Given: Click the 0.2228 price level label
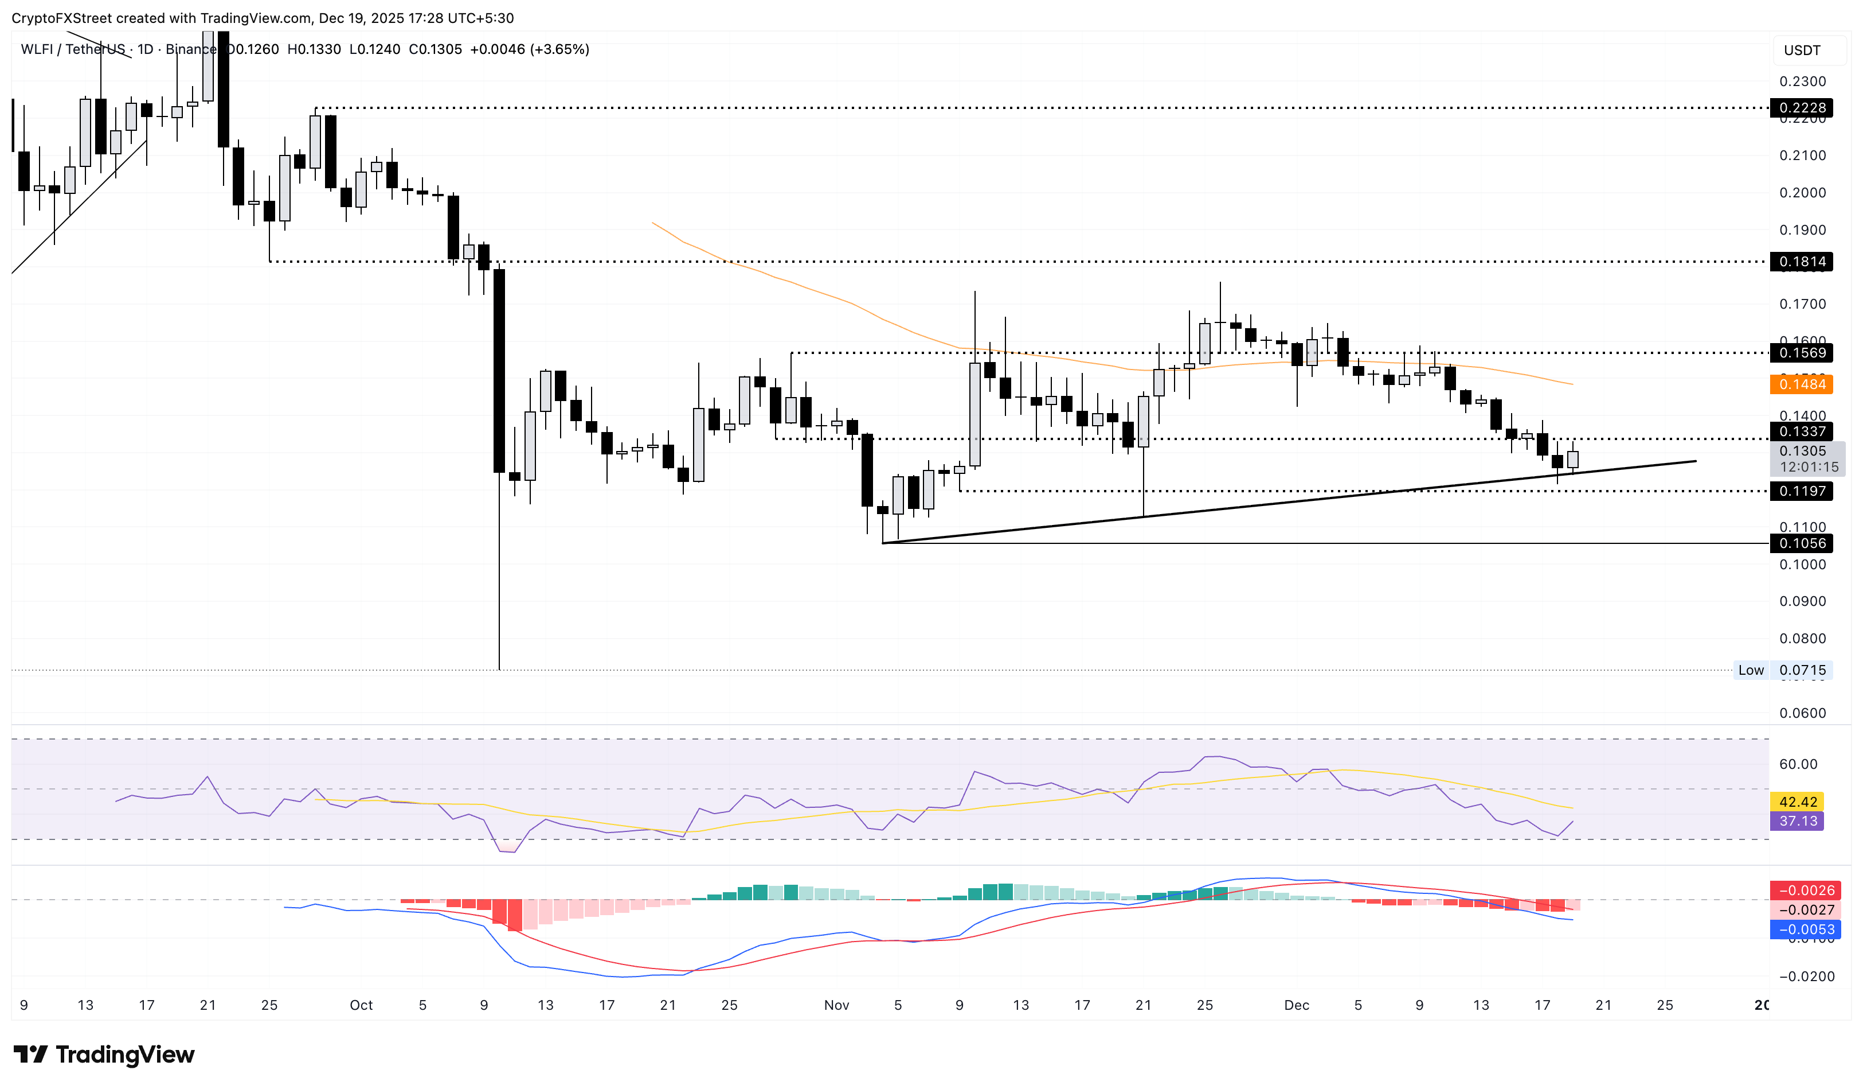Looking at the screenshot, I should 1802,108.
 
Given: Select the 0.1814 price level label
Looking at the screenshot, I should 1802,261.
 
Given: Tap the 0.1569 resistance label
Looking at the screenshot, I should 1802,353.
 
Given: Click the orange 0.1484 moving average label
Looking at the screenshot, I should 1802,384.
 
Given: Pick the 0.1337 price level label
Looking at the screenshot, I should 1802,431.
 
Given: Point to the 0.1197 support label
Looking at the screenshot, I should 1802,491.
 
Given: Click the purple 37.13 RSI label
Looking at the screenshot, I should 1797,820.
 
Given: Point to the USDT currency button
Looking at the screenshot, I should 1802,50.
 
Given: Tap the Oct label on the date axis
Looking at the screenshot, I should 361,1005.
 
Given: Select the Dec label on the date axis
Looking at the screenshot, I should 1296,1005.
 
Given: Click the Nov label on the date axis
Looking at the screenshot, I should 836,1005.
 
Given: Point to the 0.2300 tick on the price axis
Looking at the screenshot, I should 1802,81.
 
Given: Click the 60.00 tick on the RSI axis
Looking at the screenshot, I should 1797,764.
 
